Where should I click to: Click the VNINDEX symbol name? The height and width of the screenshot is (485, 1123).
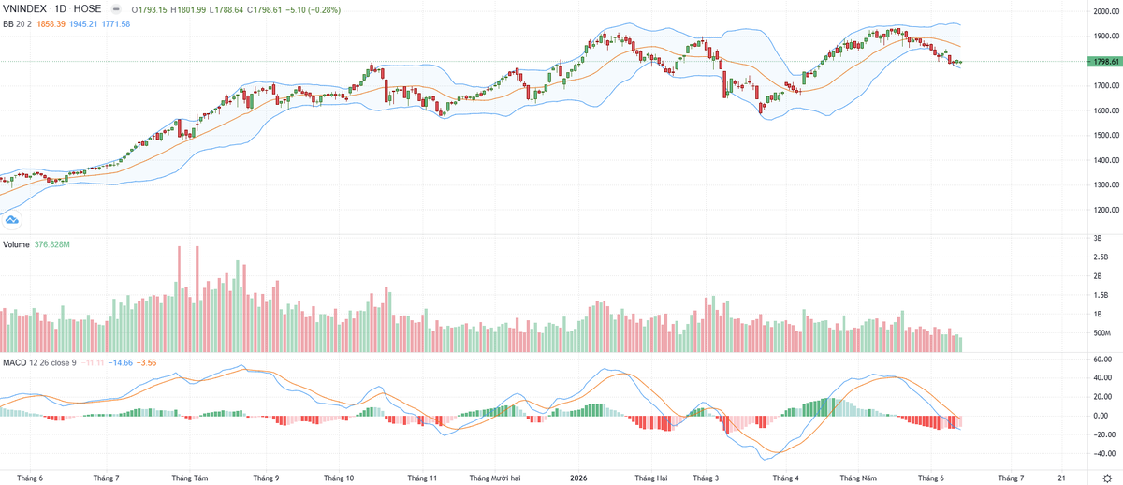(24, 9)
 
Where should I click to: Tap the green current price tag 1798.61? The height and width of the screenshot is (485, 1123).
(1105, 62)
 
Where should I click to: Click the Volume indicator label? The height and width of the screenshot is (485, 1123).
(16, 244)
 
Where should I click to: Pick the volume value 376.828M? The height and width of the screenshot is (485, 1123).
(52, 244)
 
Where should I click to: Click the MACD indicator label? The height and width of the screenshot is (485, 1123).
(15, 362)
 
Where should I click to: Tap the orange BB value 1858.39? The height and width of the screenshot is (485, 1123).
(51, 23)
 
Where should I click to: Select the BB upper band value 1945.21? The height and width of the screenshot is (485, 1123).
(83, 23)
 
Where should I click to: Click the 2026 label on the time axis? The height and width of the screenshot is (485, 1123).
(578, 478)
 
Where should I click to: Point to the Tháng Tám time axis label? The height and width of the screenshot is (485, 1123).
(189, 478)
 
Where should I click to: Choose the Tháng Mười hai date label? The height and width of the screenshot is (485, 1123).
(495, 478)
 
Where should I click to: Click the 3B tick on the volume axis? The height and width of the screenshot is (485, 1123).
(1098, 238)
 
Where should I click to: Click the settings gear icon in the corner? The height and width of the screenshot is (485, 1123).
(1107, 478)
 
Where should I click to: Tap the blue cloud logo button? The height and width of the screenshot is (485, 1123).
(11, 220)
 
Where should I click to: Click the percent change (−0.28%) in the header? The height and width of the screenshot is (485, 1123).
(324, 10)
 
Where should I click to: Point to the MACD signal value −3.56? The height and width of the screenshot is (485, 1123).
(146, 362)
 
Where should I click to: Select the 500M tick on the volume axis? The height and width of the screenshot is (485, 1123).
(1101, 332)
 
